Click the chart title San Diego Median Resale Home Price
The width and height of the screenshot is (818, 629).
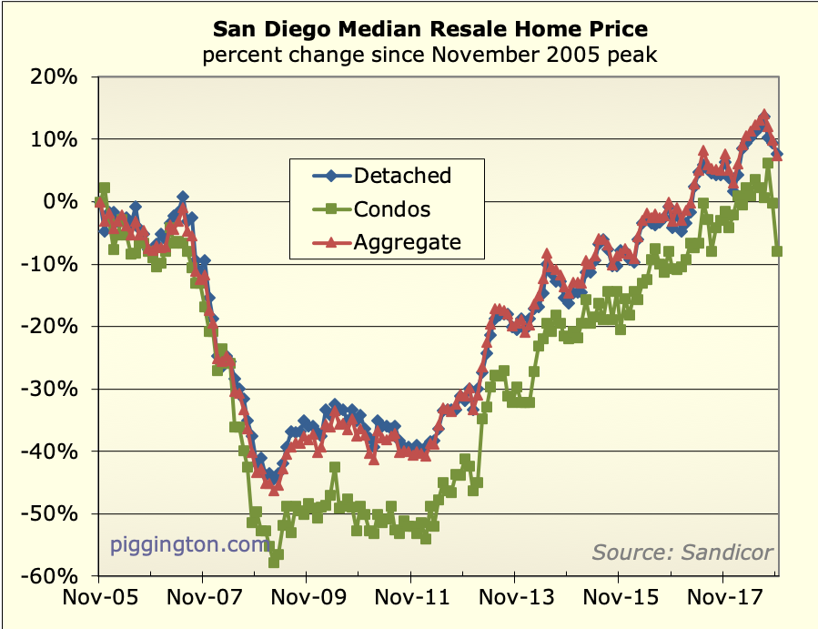click(430, 28)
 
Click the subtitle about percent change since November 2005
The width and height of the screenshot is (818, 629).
click(430, 55)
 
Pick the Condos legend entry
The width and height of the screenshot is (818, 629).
click(392, 209)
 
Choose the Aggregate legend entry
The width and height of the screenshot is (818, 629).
click(407, 242)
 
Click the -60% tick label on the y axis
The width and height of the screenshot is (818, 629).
click(57, 576)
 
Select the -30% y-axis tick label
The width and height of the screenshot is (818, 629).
click(57, 389)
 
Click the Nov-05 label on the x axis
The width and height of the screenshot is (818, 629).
click(97, 601)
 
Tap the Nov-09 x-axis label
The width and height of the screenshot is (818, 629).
click(306, 601)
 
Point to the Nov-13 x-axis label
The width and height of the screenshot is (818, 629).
click(514, 601)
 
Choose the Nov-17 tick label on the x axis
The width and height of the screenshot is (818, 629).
click(722, 601)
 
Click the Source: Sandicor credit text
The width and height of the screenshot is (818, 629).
click(682, 552)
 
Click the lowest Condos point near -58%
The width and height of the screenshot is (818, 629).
click(274, 562)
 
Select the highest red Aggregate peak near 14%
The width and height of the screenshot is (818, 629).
click(764, 116)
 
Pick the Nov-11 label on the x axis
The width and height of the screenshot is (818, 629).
click(410, 601)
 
